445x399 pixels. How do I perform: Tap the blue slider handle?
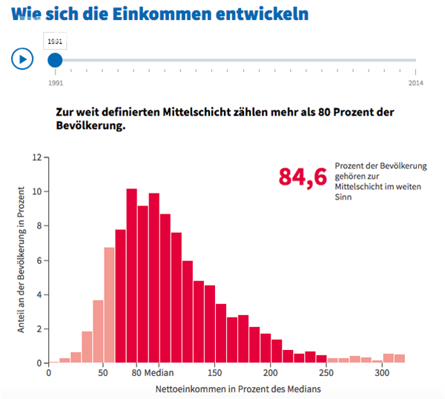pos(55,59)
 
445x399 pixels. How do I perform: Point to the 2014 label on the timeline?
pos(416,83)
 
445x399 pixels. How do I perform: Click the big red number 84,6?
pos(302,177)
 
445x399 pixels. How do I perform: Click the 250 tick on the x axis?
pos(327,373)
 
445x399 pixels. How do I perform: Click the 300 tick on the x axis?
pos(383,373)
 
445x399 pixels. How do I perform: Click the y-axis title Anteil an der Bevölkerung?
pos(23,258)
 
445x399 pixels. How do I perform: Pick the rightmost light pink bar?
pos(400,358)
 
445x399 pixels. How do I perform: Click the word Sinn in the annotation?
pos(343,198)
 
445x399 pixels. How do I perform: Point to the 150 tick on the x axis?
pos(216,373)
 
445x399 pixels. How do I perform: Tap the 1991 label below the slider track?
pos(55,83)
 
